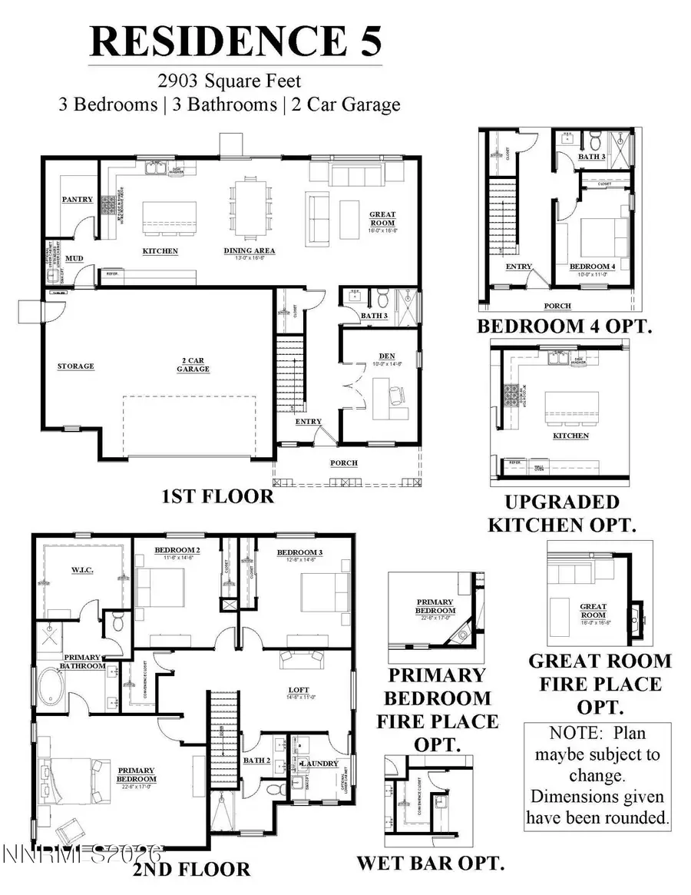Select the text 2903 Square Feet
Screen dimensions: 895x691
230,79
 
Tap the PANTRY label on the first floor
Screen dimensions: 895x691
78,200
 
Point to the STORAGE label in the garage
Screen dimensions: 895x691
75,366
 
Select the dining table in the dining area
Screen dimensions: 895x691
251,207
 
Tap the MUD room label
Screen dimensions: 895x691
74,259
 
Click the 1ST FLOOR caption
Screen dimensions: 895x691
217,496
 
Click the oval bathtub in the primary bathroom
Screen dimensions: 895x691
54,685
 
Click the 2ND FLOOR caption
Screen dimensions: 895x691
190,869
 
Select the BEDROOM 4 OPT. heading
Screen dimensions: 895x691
564,326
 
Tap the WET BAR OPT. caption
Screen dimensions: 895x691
430,863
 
